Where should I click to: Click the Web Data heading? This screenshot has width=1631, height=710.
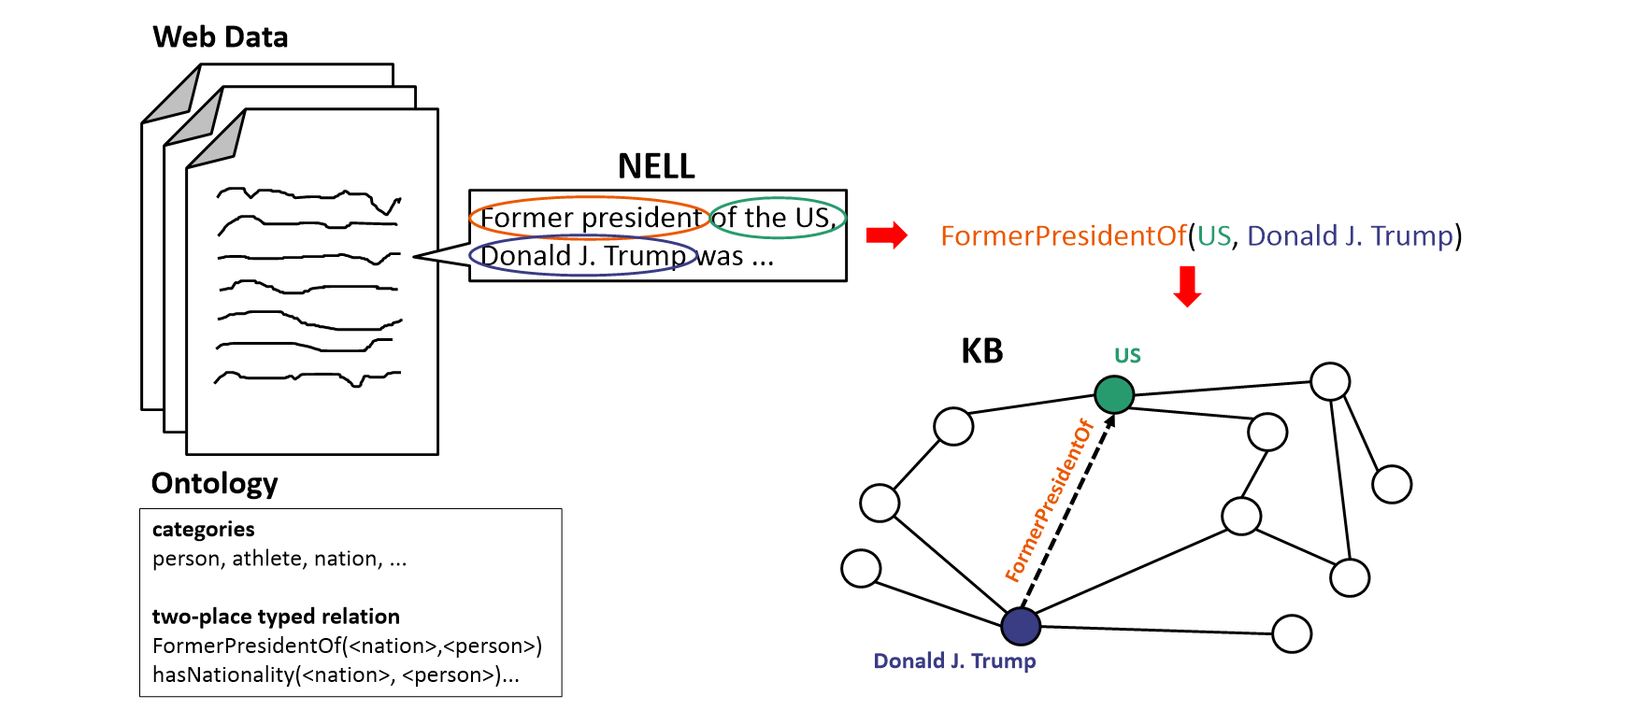(221, 37)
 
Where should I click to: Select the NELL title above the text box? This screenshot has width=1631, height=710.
(656, 166)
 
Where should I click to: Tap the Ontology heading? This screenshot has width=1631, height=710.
(214, 483)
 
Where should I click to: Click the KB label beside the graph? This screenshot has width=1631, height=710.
(981, 351)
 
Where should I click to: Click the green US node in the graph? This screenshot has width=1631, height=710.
(1114, 394)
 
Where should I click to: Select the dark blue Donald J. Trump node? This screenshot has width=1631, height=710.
(1021, 626)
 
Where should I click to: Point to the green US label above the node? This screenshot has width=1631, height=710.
(1127, 355)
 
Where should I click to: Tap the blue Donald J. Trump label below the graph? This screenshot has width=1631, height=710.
(954, 660)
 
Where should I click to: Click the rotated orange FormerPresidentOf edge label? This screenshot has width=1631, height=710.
(1049, 501)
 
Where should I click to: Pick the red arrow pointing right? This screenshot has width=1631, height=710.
(886, 235)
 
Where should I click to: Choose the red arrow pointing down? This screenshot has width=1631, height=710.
(1187, 286)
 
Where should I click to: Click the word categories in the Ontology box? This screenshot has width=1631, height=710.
(204, 529)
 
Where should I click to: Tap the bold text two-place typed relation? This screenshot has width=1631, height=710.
(276, 617)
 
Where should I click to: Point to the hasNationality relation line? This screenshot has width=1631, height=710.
(336, 674)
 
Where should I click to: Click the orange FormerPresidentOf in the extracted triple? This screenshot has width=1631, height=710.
(1063, 235)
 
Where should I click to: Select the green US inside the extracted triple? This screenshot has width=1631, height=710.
(1214, 235)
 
